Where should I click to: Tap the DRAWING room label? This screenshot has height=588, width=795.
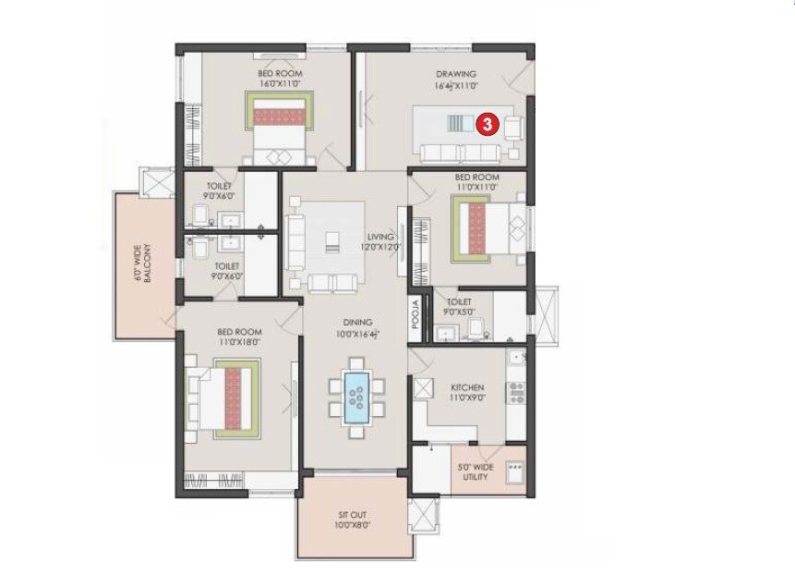tap(456, 75)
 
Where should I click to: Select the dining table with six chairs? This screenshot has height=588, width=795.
tap(356, 397)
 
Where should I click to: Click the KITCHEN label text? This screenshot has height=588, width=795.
tap(467, 388)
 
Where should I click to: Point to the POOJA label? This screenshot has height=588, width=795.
tap(416, 315)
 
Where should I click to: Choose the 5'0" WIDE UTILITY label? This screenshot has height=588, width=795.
tap(476, 472)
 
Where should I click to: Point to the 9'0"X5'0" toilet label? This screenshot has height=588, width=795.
tap(459, 307)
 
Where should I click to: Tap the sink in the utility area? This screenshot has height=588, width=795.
tap(514, 468)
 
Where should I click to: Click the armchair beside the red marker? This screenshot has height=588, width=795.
tap(512, 126)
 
